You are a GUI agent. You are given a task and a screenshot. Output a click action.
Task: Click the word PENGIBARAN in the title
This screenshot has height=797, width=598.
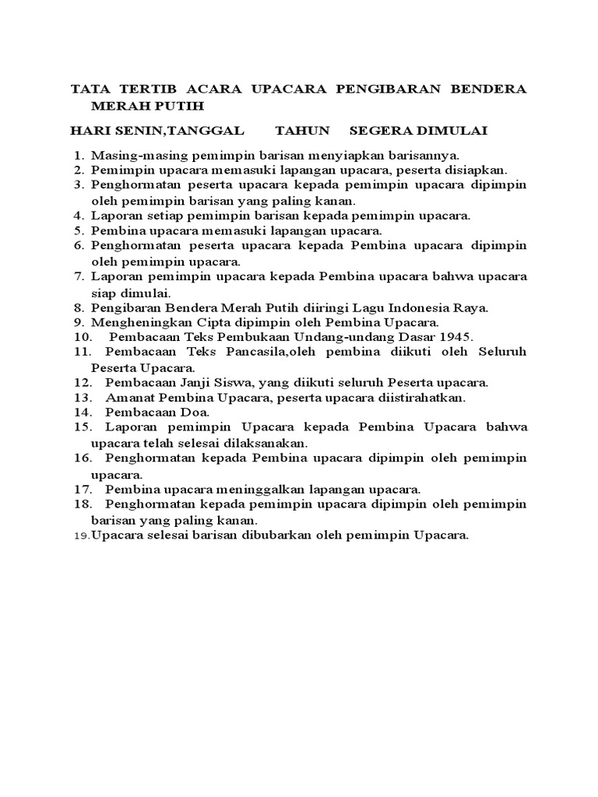click(376, 89)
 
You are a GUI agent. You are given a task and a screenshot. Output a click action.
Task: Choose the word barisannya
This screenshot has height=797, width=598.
click(423, 154)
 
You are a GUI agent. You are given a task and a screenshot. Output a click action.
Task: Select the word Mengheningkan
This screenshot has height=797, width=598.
click(137, 322)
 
